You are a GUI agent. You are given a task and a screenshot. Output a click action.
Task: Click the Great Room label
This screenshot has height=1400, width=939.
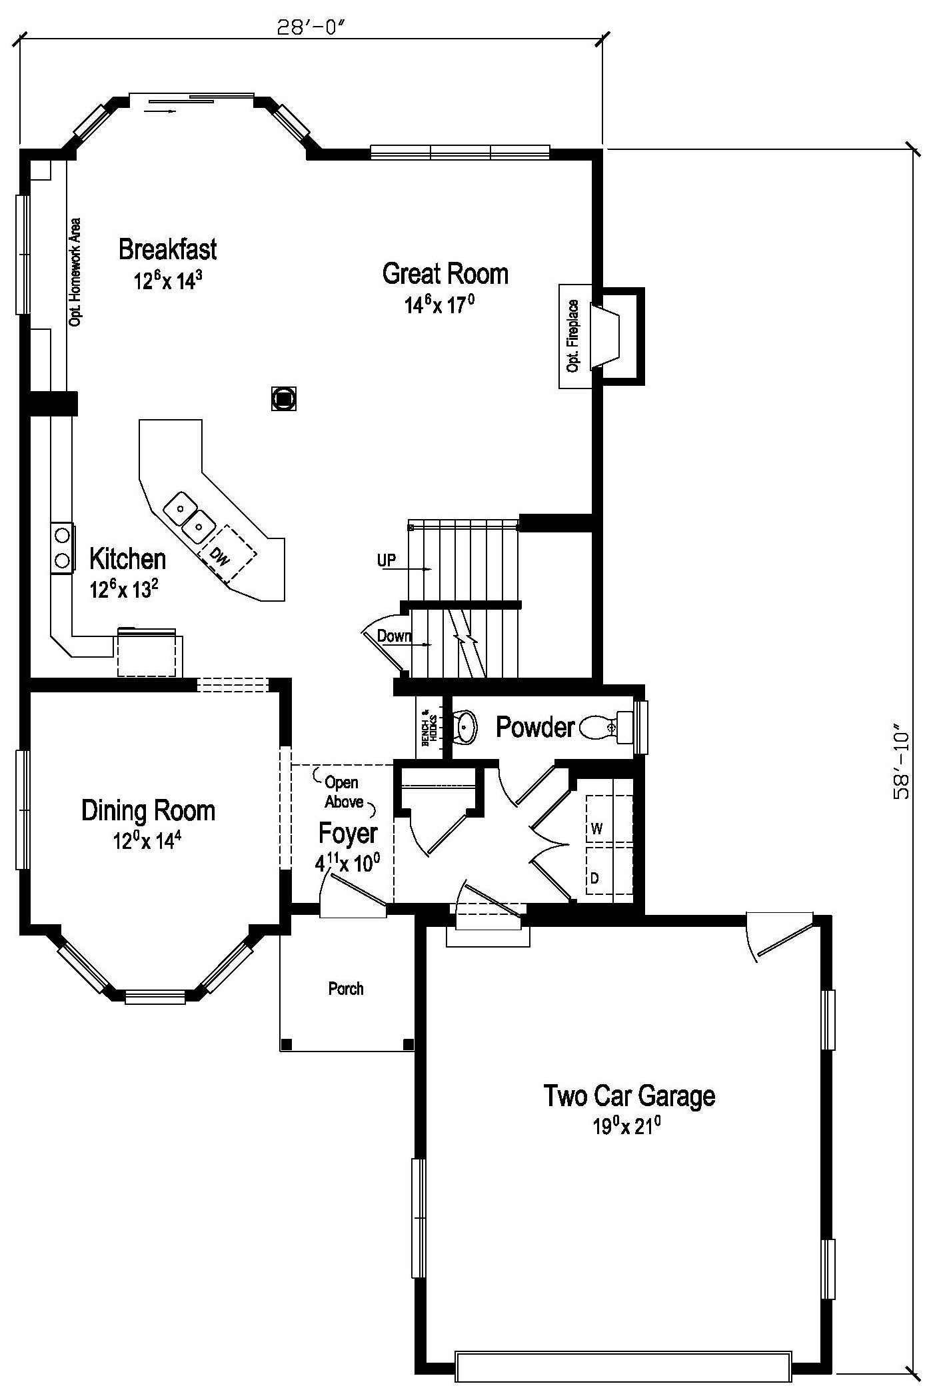pos(445,274)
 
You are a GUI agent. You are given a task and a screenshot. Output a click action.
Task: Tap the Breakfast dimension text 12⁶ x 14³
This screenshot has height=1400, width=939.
pos(167,281)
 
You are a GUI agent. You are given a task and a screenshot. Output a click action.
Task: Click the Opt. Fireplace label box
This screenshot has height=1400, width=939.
pos(574,337)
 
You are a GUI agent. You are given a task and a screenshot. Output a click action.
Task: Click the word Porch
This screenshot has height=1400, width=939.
pos(346,988)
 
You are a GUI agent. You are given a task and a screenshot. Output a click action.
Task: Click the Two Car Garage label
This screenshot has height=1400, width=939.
pos(629,1095)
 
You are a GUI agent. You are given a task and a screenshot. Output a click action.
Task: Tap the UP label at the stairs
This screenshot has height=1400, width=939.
pos(387,560)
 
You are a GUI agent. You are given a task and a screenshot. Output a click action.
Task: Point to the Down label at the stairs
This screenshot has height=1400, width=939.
pos(394,636)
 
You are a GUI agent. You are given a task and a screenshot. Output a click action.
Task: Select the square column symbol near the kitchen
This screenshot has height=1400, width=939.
pos(284,398)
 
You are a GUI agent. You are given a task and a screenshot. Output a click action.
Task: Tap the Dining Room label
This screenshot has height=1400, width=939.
pos(148,811)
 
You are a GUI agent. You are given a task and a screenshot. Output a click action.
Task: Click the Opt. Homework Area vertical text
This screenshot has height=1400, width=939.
pos(75,272)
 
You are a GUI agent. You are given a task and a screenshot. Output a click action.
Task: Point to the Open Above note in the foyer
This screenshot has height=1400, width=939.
pos(343,792)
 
